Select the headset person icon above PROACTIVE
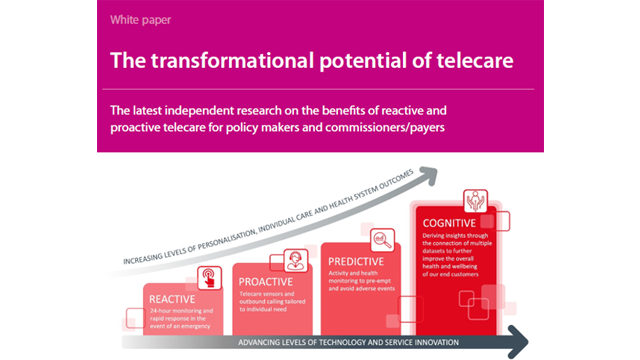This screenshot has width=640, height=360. coord(297,259)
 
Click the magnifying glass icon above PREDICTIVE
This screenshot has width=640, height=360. coord(381,239)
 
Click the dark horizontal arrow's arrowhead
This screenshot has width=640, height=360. coord(517,341)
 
